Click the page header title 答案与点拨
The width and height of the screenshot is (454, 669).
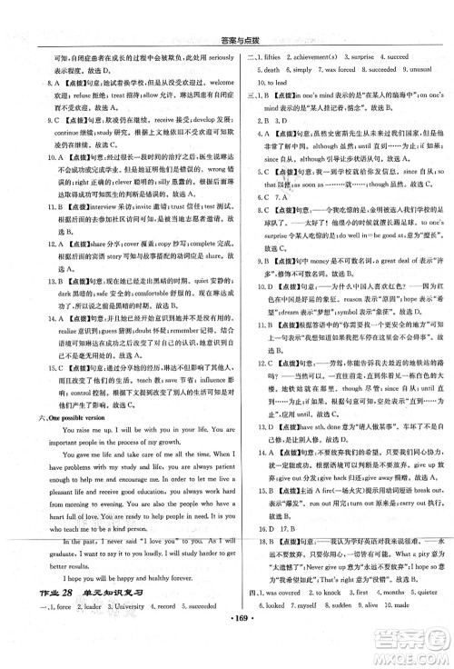coord(229,11)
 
